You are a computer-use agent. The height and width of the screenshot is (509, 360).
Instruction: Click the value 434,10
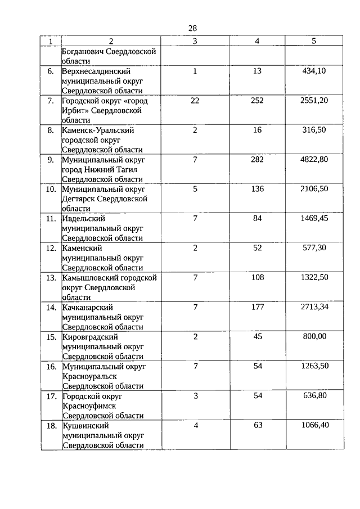coord(314,71)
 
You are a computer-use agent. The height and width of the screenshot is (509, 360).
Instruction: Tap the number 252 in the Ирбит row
coord(257,101)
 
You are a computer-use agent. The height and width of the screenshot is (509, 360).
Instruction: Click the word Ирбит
coord(75,110)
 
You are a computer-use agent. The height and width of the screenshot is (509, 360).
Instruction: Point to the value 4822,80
coord(314,159)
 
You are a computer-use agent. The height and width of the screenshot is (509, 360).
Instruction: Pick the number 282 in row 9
coord(257,159)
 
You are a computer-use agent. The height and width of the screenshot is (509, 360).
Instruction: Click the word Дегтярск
coord(78,199)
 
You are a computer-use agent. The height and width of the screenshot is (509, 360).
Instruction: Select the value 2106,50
coord(314,189)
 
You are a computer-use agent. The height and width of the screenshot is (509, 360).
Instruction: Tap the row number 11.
coord(51,218)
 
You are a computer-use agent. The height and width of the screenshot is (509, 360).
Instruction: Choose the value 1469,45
coord(314,218)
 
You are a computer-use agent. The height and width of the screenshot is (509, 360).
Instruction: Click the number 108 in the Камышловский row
coord(257,277)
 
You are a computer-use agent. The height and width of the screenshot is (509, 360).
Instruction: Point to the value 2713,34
coord(314,307)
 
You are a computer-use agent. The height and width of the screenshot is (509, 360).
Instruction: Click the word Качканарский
coord(88,307)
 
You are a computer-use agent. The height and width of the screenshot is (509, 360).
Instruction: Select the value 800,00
coord(314,336)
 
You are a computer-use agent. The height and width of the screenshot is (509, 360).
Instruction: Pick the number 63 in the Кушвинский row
coord(258,425)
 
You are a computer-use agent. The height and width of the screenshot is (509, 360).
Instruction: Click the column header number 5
coord(314,40)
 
